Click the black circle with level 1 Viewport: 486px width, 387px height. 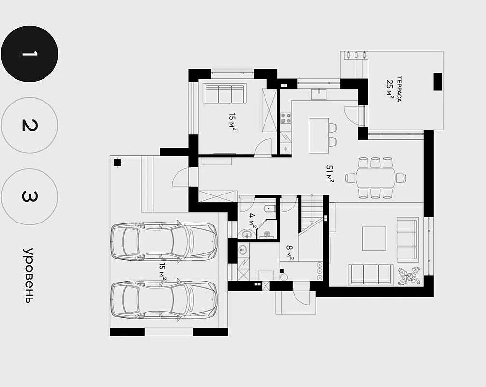tap(29, 54)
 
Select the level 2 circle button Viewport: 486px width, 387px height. tap(29, 125)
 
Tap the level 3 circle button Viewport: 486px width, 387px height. tap(29, 196)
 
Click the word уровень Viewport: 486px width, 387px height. tap(28, 275)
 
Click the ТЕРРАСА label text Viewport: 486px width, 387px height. tap(399, 89)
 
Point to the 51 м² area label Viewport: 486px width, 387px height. tap(329, 174)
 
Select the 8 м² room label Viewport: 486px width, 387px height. tap(289, 253)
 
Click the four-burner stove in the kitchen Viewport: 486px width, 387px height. tap(286, 118)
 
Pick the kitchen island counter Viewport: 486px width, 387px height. tap(319, 135)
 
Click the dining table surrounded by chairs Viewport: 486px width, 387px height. tap(376, 178)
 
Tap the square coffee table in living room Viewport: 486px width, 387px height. tap(374, 238)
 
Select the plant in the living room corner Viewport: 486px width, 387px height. tap(410, 276)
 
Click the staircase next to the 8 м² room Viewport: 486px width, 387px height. tap(312, 213)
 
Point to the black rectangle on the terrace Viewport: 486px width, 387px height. tap(437, 82)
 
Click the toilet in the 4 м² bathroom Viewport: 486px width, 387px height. tap(269, 208)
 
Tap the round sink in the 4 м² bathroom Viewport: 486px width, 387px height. tap(247, 234)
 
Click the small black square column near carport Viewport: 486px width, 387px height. tap(117, 163)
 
